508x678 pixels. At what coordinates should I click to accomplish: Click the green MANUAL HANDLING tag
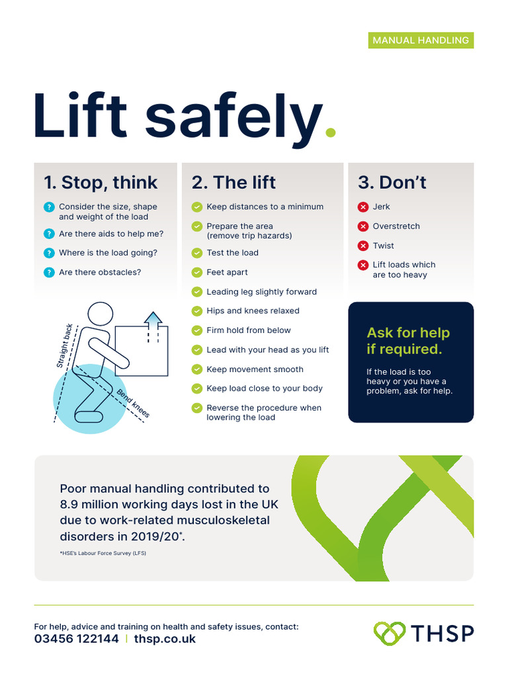pyautogui.click(x=421, y=40)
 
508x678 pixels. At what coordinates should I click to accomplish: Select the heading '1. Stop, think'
pyautogui.click(x=101, y=182)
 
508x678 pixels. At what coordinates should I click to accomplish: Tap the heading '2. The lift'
pyautogui.click(x=233, y=182)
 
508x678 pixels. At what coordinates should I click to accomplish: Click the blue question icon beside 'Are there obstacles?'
pyautogui.click(x=48, y=272)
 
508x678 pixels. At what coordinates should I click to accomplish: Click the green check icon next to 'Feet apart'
pyautogui.click(x=196, y=272)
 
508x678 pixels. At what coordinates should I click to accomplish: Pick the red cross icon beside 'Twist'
pyautogui.click(x=362, y=246)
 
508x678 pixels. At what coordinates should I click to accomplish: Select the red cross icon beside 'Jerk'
pyautogui.click(x=362, y=207)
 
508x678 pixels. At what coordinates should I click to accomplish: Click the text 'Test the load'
pyautogui.click(x=232, y=253)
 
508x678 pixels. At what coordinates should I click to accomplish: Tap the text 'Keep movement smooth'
pyautogui.click(x=255, y=369)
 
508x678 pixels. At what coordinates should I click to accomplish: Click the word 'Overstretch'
pyautogui.click(x=396, y=226)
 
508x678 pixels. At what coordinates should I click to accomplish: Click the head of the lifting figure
pyautogui.click(x=101, y=316)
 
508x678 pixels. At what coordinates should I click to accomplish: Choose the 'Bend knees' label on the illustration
pyautogui.click(x=134, y=404)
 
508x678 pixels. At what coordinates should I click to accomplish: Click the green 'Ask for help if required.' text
pyautogui.click(x=408, y=341)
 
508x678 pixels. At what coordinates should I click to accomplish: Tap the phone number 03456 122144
pyautogui.click(x=77, y=639)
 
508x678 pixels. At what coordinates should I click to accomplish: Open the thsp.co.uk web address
pyautogui.click(x=165, y=639)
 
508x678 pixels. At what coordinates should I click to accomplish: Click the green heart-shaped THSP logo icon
pyautogui.click(x=390, y=633)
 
